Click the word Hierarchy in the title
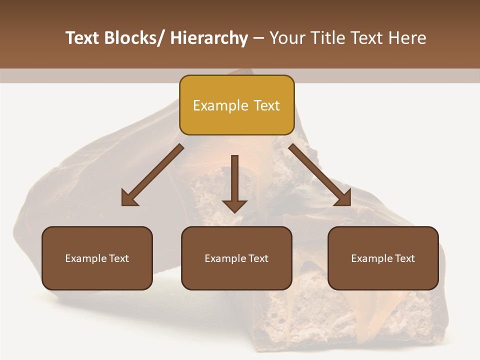209,38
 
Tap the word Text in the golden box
266,105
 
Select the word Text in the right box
404,258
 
